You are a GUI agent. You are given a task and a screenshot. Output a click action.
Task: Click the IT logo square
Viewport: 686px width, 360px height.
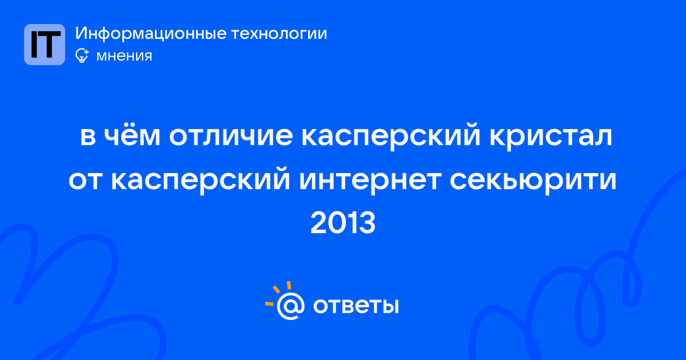pos(45,45)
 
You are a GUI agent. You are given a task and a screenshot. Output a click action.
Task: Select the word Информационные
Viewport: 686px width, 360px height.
pos(151,34)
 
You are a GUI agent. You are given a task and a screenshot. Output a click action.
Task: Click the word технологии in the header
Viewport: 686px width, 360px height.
pos(279,34)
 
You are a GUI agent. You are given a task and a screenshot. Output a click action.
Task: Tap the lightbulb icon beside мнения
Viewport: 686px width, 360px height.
pos(82,55)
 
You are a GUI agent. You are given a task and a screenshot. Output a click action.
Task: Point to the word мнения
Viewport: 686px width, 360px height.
pos(124,56)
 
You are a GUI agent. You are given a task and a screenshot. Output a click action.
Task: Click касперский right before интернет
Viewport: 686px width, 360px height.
pos(200,181)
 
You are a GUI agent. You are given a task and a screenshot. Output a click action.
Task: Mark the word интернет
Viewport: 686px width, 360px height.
pos(370,181)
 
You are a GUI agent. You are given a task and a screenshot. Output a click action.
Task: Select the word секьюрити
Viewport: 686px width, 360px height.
pos(533,181)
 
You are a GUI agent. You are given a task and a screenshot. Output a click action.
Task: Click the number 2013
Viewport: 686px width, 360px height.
pos(343,223)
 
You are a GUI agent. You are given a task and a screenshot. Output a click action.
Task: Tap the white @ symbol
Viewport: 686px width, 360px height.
pos(290,306)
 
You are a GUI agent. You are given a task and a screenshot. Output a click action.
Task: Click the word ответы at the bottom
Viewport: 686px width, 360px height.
pos(356,306)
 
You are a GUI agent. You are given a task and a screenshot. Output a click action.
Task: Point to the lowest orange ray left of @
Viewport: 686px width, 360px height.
pos(269,303)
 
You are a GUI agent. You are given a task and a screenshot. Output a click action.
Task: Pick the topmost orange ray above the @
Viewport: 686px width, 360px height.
pos(289,285)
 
